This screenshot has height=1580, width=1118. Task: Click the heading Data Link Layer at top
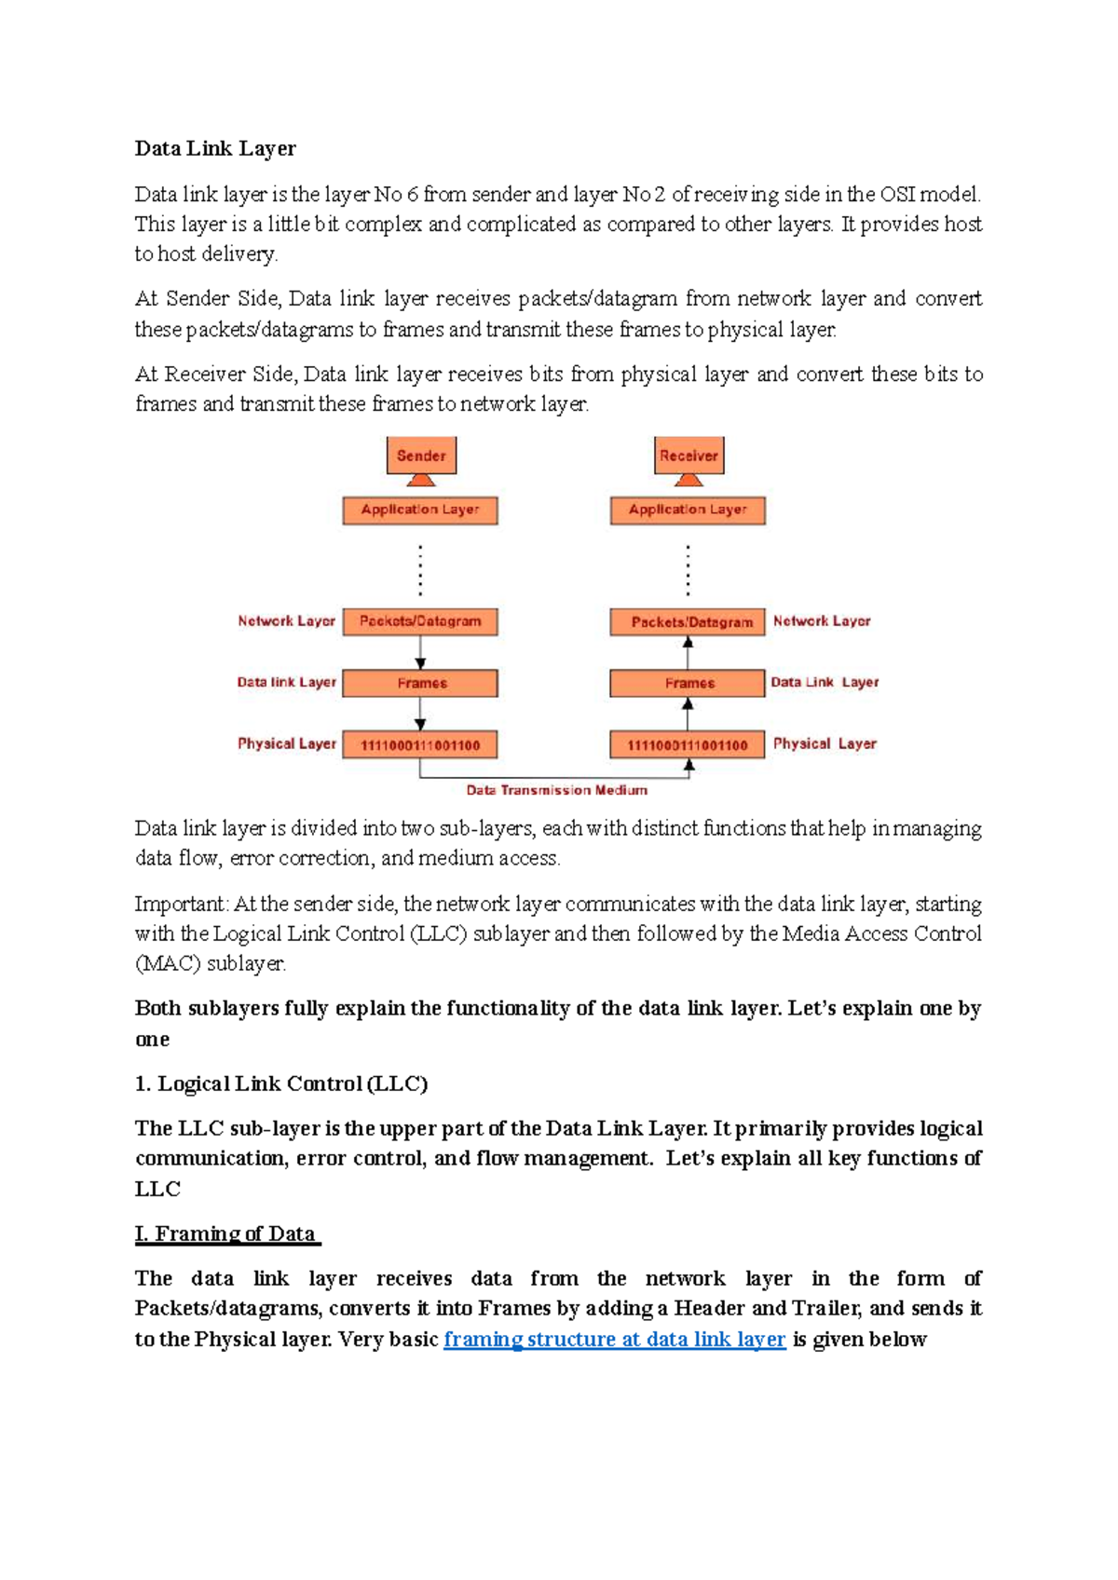pos(215,149)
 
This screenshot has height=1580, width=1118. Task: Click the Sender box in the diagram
pos(421,456)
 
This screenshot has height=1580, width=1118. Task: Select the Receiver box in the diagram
pos(689,456)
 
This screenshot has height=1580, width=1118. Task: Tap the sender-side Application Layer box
pos(420,510)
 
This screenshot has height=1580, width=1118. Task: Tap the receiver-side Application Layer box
pos(688,510)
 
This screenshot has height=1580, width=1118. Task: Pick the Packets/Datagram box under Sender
pos(420,621)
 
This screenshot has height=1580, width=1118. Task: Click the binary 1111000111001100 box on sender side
pos(420,744)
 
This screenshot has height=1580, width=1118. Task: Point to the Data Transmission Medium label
pos(556,790)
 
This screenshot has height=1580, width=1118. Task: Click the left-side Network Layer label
pos(286,621)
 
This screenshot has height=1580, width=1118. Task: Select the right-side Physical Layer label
pos(825,743)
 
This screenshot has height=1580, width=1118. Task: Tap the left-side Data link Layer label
pos(286,682)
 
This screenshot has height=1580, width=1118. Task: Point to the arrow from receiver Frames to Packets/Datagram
pos(689,653)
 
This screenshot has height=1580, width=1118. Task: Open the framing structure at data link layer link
pos(614,1340)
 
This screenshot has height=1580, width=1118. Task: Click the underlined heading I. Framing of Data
pos(226,1234)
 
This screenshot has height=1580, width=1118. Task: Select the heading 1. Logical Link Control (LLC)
pos(280,1083)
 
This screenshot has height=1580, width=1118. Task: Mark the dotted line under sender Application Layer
pos(420,571)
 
